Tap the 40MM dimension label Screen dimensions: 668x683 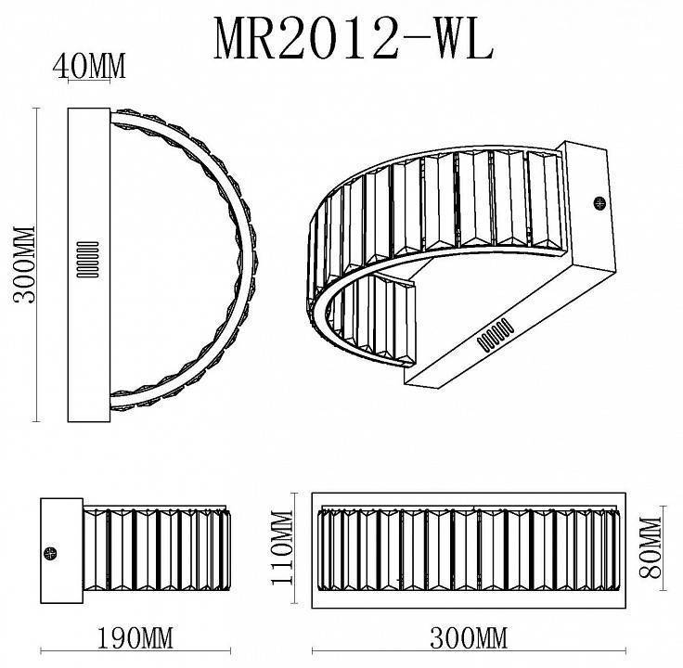click(89, 66)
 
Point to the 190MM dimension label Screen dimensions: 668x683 click(135, 640)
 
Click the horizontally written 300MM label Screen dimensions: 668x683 click(470, 640)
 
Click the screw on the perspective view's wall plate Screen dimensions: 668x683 click(599, 201)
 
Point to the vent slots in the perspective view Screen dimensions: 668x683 click(497, 334)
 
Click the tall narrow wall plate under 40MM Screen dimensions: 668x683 click(91, 262)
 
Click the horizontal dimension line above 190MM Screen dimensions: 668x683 click(135, 623)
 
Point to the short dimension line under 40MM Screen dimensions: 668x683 click(89, 83)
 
